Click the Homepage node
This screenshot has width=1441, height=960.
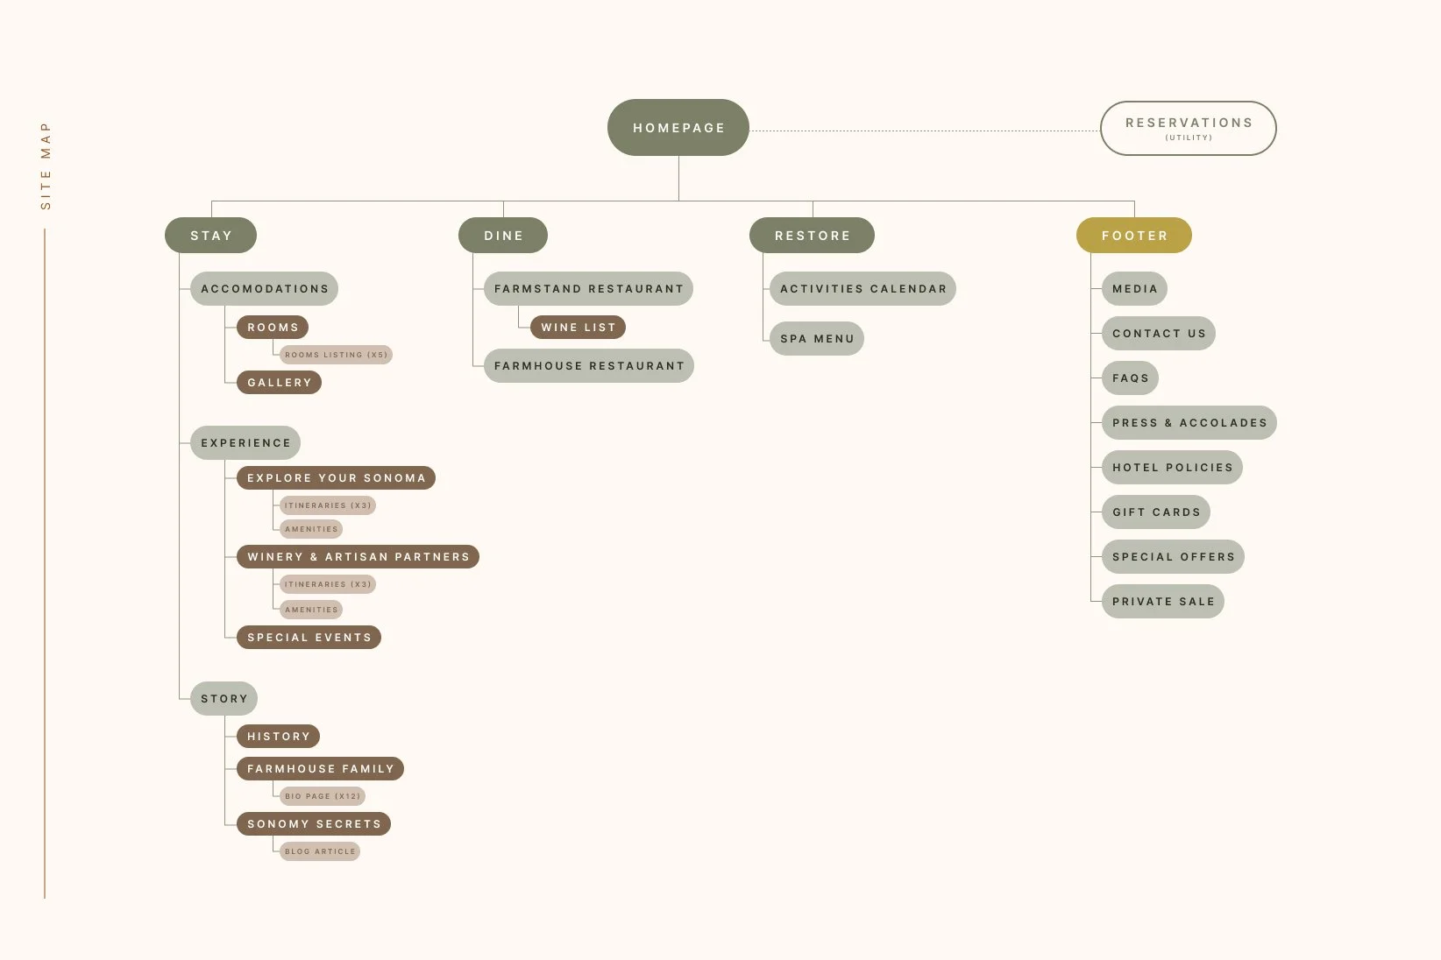click(x=678, y=128)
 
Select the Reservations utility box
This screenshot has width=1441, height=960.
click(x=1188, y=128)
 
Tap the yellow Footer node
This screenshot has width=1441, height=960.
click(x=1133, y=236)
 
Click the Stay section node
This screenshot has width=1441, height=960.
click(x=210, y=236)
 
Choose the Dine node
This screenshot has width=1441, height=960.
click(x=503, y=236)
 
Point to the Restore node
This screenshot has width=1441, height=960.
click(x=812, y=236)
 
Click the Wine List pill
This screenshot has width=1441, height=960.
click(x=578, y=328)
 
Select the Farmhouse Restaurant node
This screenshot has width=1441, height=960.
click(x=588, y=366)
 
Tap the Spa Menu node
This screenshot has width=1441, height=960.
click(x=816, y=339)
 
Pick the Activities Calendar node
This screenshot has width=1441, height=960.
click(x=862, y=289)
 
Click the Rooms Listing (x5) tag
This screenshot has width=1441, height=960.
click(x=336, y=355)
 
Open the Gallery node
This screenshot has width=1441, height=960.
click(x=279, y=383)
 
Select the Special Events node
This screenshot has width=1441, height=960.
click(x=309, y=638)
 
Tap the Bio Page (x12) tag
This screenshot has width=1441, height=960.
click(x=322, y=796)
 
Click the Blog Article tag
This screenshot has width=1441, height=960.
click(x=319, y=851)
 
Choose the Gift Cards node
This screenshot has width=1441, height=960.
click(x=1155, y=512)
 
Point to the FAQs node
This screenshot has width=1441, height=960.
click(x=1130, y=378)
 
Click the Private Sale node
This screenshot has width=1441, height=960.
click(x=1162, y=602)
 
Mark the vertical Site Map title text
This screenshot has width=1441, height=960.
click(x=46, y=166)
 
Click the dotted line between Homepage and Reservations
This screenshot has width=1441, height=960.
click(x=924, y=131)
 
